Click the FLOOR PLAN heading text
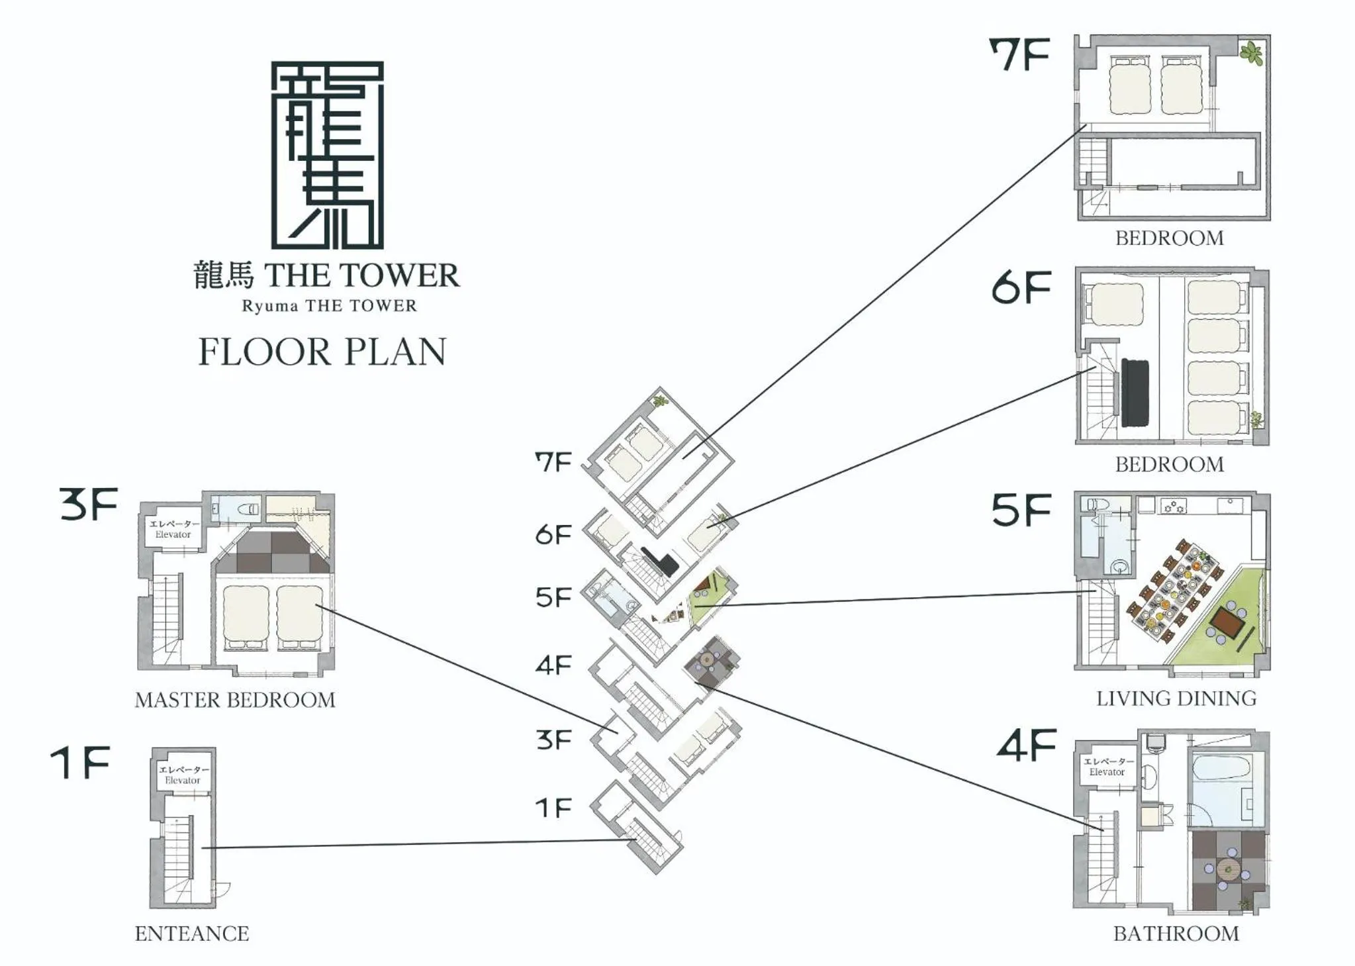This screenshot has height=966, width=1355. point(322,352)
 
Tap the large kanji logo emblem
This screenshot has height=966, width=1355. point(327,155)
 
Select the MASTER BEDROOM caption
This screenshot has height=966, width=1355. point(235,700)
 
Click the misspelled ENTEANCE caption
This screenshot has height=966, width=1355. point(192,934)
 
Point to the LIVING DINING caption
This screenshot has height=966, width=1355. point(1176,699)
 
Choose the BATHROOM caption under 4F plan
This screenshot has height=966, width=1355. point(1176,934)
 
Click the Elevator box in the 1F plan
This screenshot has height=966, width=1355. point(183,775)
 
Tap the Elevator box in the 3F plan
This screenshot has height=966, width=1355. point(173,529)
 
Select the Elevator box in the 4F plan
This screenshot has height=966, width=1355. point(1107,767)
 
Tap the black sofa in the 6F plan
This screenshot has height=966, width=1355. point(1135,393)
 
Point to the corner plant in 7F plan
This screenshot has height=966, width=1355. point(1251,53)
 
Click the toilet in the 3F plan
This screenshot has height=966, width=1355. point(248,510)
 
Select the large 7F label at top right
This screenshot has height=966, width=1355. point(1019,55)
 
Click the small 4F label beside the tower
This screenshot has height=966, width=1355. point(553,665)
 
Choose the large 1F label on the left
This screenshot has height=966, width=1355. point(80,763)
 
